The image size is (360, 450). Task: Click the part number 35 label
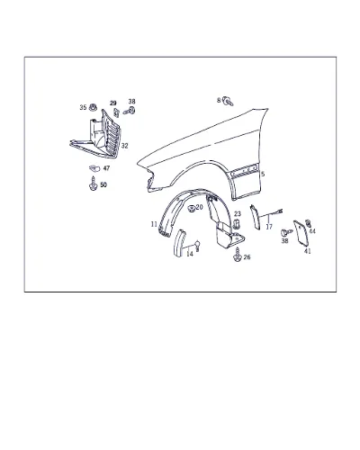pyautogui.click(x=83, y=107)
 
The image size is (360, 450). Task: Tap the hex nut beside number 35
pyautogui.click(x=93, y=106)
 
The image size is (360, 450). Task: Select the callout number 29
pyautogui.click(x=112, y=103)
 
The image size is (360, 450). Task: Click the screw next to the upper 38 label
pyautogui.click(x=130, y=112)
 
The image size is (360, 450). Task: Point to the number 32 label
pyautogui.click(x=124, y=146)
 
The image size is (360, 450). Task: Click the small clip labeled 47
pyautogui.click(x=94, y=168)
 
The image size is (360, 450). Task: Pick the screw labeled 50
pyautogui.click(x=94, y=184)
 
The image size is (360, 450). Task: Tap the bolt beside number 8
pyautogui.click(x=229, y=101)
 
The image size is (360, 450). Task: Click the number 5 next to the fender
pyautogui.click(x=263, y=174)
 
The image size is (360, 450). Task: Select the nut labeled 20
pyautogui.click(x=191, y=208)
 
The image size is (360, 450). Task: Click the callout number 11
pyautogui.click(x=154, y=224)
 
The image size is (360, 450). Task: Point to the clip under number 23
pyautogui.click(x=236, y=224)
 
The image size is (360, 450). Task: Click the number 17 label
pyautogui.click(x=269, y=227)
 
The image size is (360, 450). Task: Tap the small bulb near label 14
pyautogui.click(x=197, y=245)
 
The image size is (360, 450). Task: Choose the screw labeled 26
pyautogui.click(x=237, y=255)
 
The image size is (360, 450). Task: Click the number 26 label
pyautogui.click(x=247, y=257)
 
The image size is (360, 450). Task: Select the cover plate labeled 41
pyautogui.click(x=300, y=233)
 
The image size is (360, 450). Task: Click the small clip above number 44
pyautogui.click(x=308, y=223)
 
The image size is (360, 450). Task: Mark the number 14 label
pyautogui.click(x=190, y=254)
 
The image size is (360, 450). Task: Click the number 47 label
pyautogui.click(x=106, y=168)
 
